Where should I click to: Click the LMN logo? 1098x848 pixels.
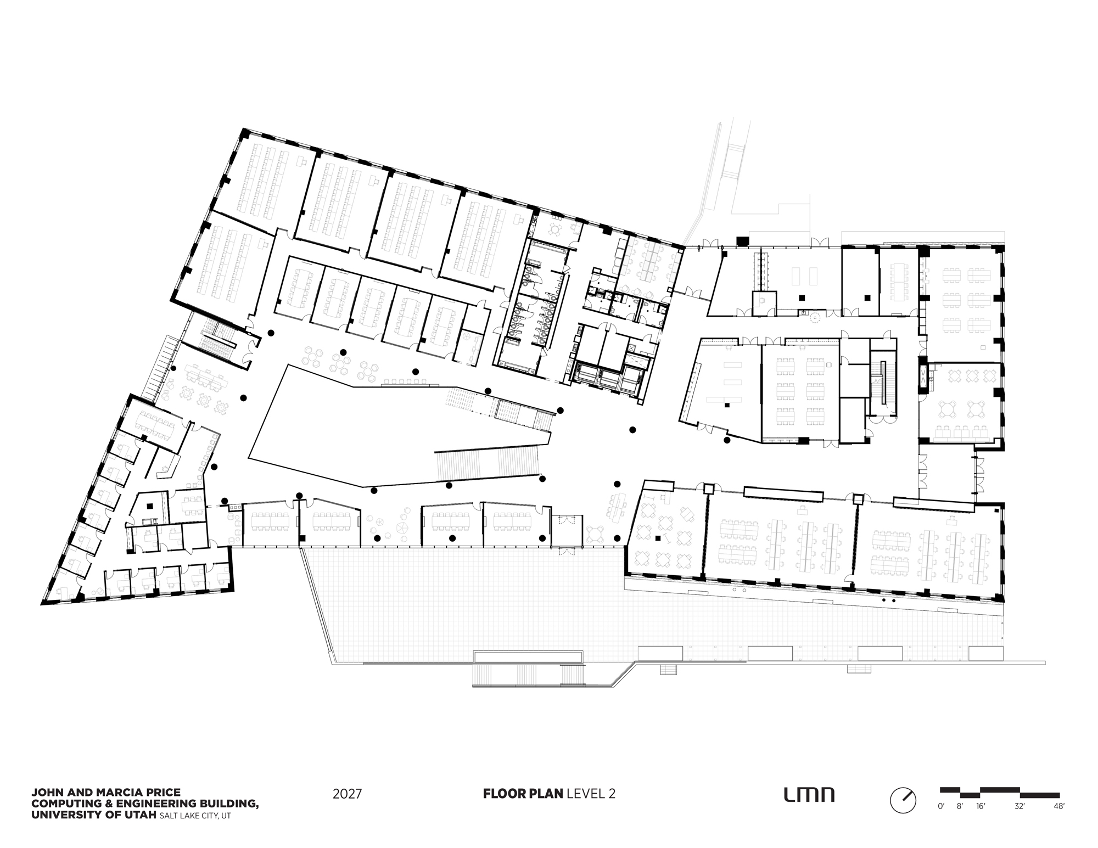pyautogui.click(x=809, y=795)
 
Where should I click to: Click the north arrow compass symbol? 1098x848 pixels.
pyautogui.click(x=903, y=800)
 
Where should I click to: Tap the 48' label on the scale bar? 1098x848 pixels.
pyautogui.click(x=1059, y=807)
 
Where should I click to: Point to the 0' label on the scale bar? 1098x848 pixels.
pyautogui.click(x=941, y=807)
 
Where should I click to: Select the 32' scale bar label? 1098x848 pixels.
pyautogui.click(x=1019, y=807)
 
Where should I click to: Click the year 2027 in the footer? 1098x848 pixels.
pyautogui.click(x=347, y=794)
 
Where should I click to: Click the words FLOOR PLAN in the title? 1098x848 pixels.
pyautogui.click(x=523, y=794)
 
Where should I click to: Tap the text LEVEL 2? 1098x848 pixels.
pyautogui.click(x=591, y=794)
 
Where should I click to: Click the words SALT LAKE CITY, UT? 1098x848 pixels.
pyautogui.click(x=195, y=816)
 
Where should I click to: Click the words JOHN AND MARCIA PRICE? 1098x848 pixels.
pyautogui.click(x=105, y=793)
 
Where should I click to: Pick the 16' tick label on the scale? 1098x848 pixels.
pyautogui.click(x=981, y=807)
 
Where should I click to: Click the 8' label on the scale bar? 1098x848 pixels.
pyautogui.click(x=960, y=807)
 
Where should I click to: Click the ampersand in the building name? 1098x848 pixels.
pyautogui.click(x=99, y=804)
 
